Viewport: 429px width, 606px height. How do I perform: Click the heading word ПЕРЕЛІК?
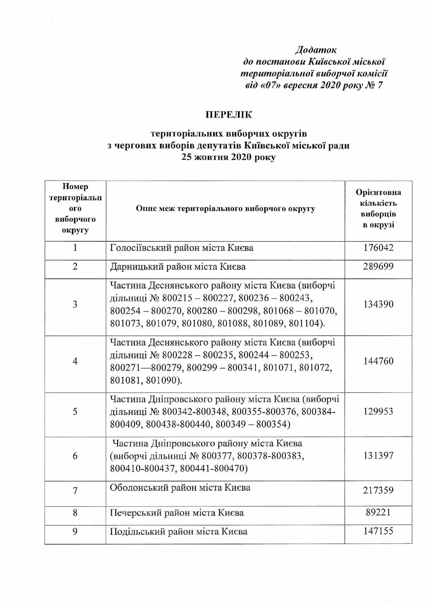point(229,115)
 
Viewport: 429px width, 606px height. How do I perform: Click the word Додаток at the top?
point(316,50)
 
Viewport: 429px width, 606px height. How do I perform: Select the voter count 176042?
point(378,248)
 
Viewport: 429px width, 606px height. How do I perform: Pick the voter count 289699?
point(378,267)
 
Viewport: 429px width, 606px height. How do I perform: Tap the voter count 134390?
point(378,304)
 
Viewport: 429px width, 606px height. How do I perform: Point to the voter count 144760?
point(378,361)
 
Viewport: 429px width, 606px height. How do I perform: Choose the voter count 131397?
point(378,456)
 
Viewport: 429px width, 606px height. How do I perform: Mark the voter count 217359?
point(378,490)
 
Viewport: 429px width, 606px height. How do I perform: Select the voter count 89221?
point(378,512)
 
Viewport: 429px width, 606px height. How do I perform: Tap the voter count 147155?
point(378,531)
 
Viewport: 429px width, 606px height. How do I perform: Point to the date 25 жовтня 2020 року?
point(229,157)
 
